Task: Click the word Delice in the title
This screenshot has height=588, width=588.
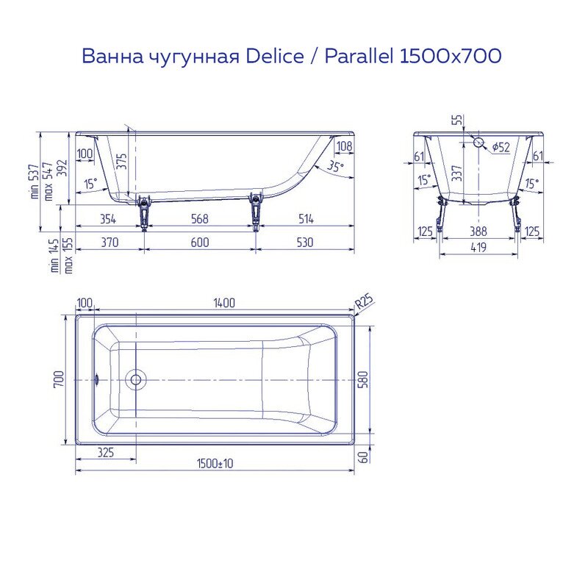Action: pos(276,56)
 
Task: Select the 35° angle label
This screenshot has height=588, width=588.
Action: pos(335,167)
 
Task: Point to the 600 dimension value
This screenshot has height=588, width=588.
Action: pos(199,243)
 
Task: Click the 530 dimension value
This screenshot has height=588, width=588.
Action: pos(305,243)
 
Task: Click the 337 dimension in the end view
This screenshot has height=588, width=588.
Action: pos(457,173)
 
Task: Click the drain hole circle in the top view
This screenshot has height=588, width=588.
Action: pos(135,380)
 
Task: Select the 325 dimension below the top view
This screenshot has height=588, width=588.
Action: pos(105,453)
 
